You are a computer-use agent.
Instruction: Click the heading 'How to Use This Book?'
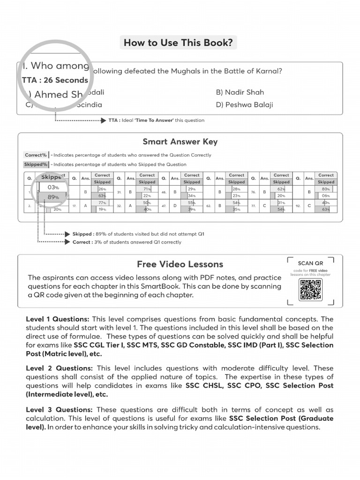(178, 43)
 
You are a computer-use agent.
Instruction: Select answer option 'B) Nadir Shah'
(240, 92)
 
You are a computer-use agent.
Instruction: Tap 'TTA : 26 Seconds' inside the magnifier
(55, 80)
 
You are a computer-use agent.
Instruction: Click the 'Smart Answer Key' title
(180, 142)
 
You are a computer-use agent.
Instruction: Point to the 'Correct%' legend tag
(36, 155)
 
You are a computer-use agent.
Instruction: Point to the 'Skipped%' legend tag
(36, 165)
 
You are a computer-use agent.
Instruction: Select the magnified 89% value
(53, 197)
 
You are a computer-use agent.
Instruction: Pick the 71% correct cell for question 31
(147, 189)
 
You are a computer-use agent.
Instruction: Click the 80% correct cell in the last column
(326, 189)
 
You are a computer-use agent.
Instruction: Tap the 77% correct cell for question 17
(102, 202)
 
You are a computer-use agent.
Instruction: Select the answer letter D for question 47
(175, 206)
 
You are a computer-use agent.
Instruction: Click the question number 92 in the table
(298, 206)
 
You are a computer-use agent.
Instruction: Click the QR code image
(310, 290)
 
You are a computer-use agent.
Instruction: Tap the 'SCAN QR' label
(310, 263)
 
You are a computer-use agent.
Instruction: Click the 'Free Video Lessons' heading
(180, 264)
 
